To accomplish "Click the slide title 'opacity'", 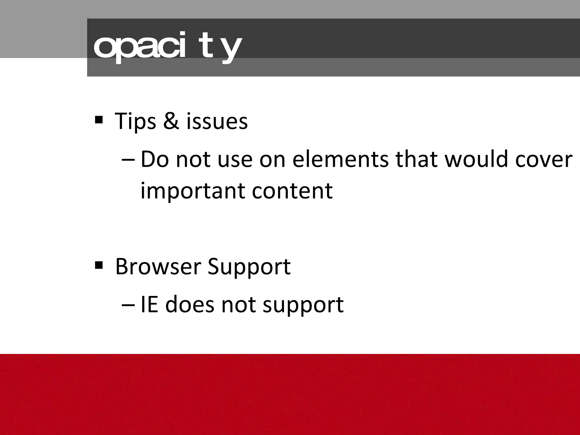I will pyautogui.click(x=167, y=48).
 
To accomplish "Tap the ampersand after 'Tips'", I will pyautogui.click(x=171, y=121).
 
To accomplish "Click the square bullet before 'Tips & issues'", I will pyautogui.click(x=99, y=120).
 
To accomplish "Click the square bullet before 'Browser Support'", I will pyautogui.click(x=99, y=265).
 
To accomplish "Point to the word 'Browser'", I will pyautogui.click(x=158, y=266).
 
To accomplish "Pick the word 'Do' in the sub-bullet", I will pyautogui.click(x=155, y=159).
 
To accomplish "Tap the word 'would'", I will pyautogui.click(x=476, y=159).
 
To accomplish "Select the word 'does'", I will pyautogui.click(x=189, y=305).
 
